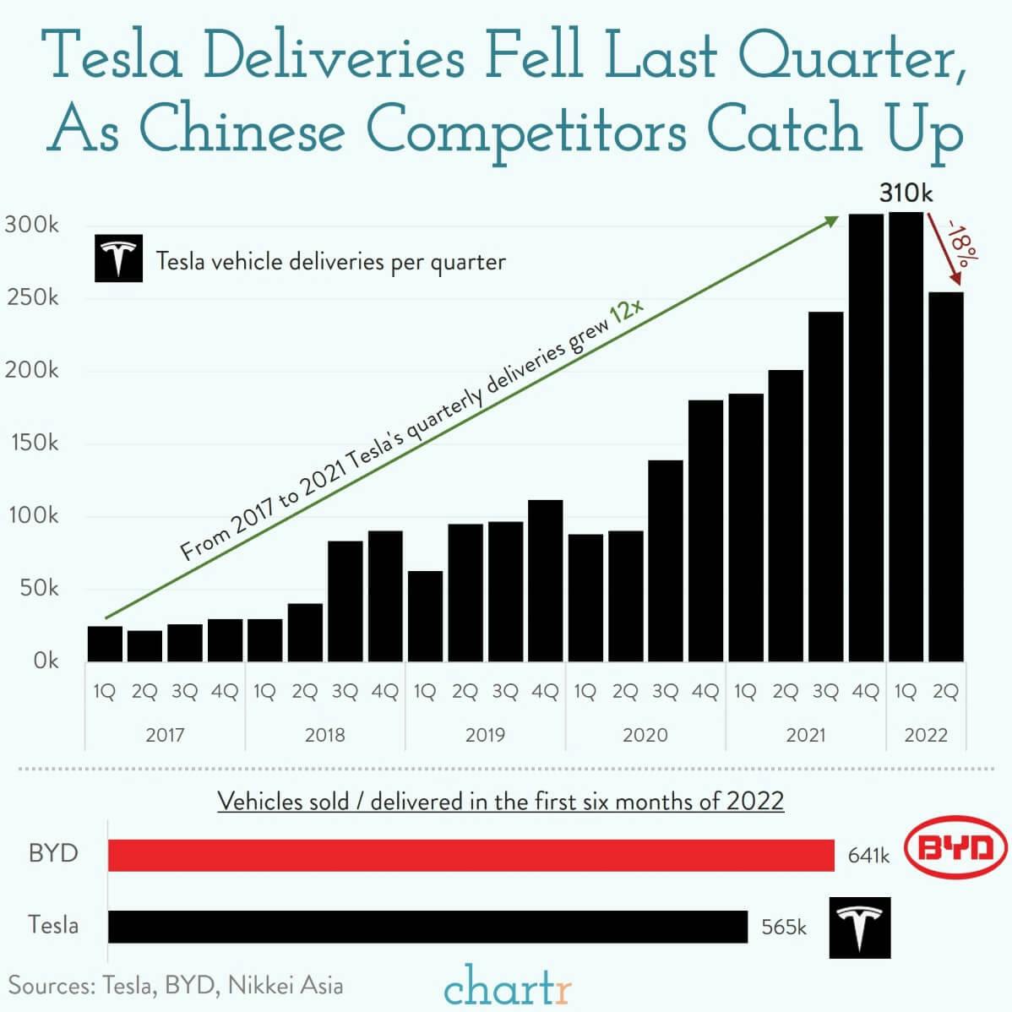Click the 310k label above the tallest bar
(906, 193)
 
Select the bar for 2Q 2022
(945, 476)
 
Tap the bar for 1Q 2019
(425, 616)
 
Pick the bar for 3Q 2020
(666, 560)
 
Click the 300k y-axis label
(32, 226)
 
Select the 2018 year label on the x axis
(324, 735)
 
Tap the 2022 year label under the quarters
(926, 735)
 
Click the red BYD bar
(471, 855)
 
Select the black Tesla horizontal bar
(427, 926)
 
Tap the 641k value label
(868, 856)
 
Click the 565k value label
(783, 927)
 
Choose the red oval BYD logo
(956, 849)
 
